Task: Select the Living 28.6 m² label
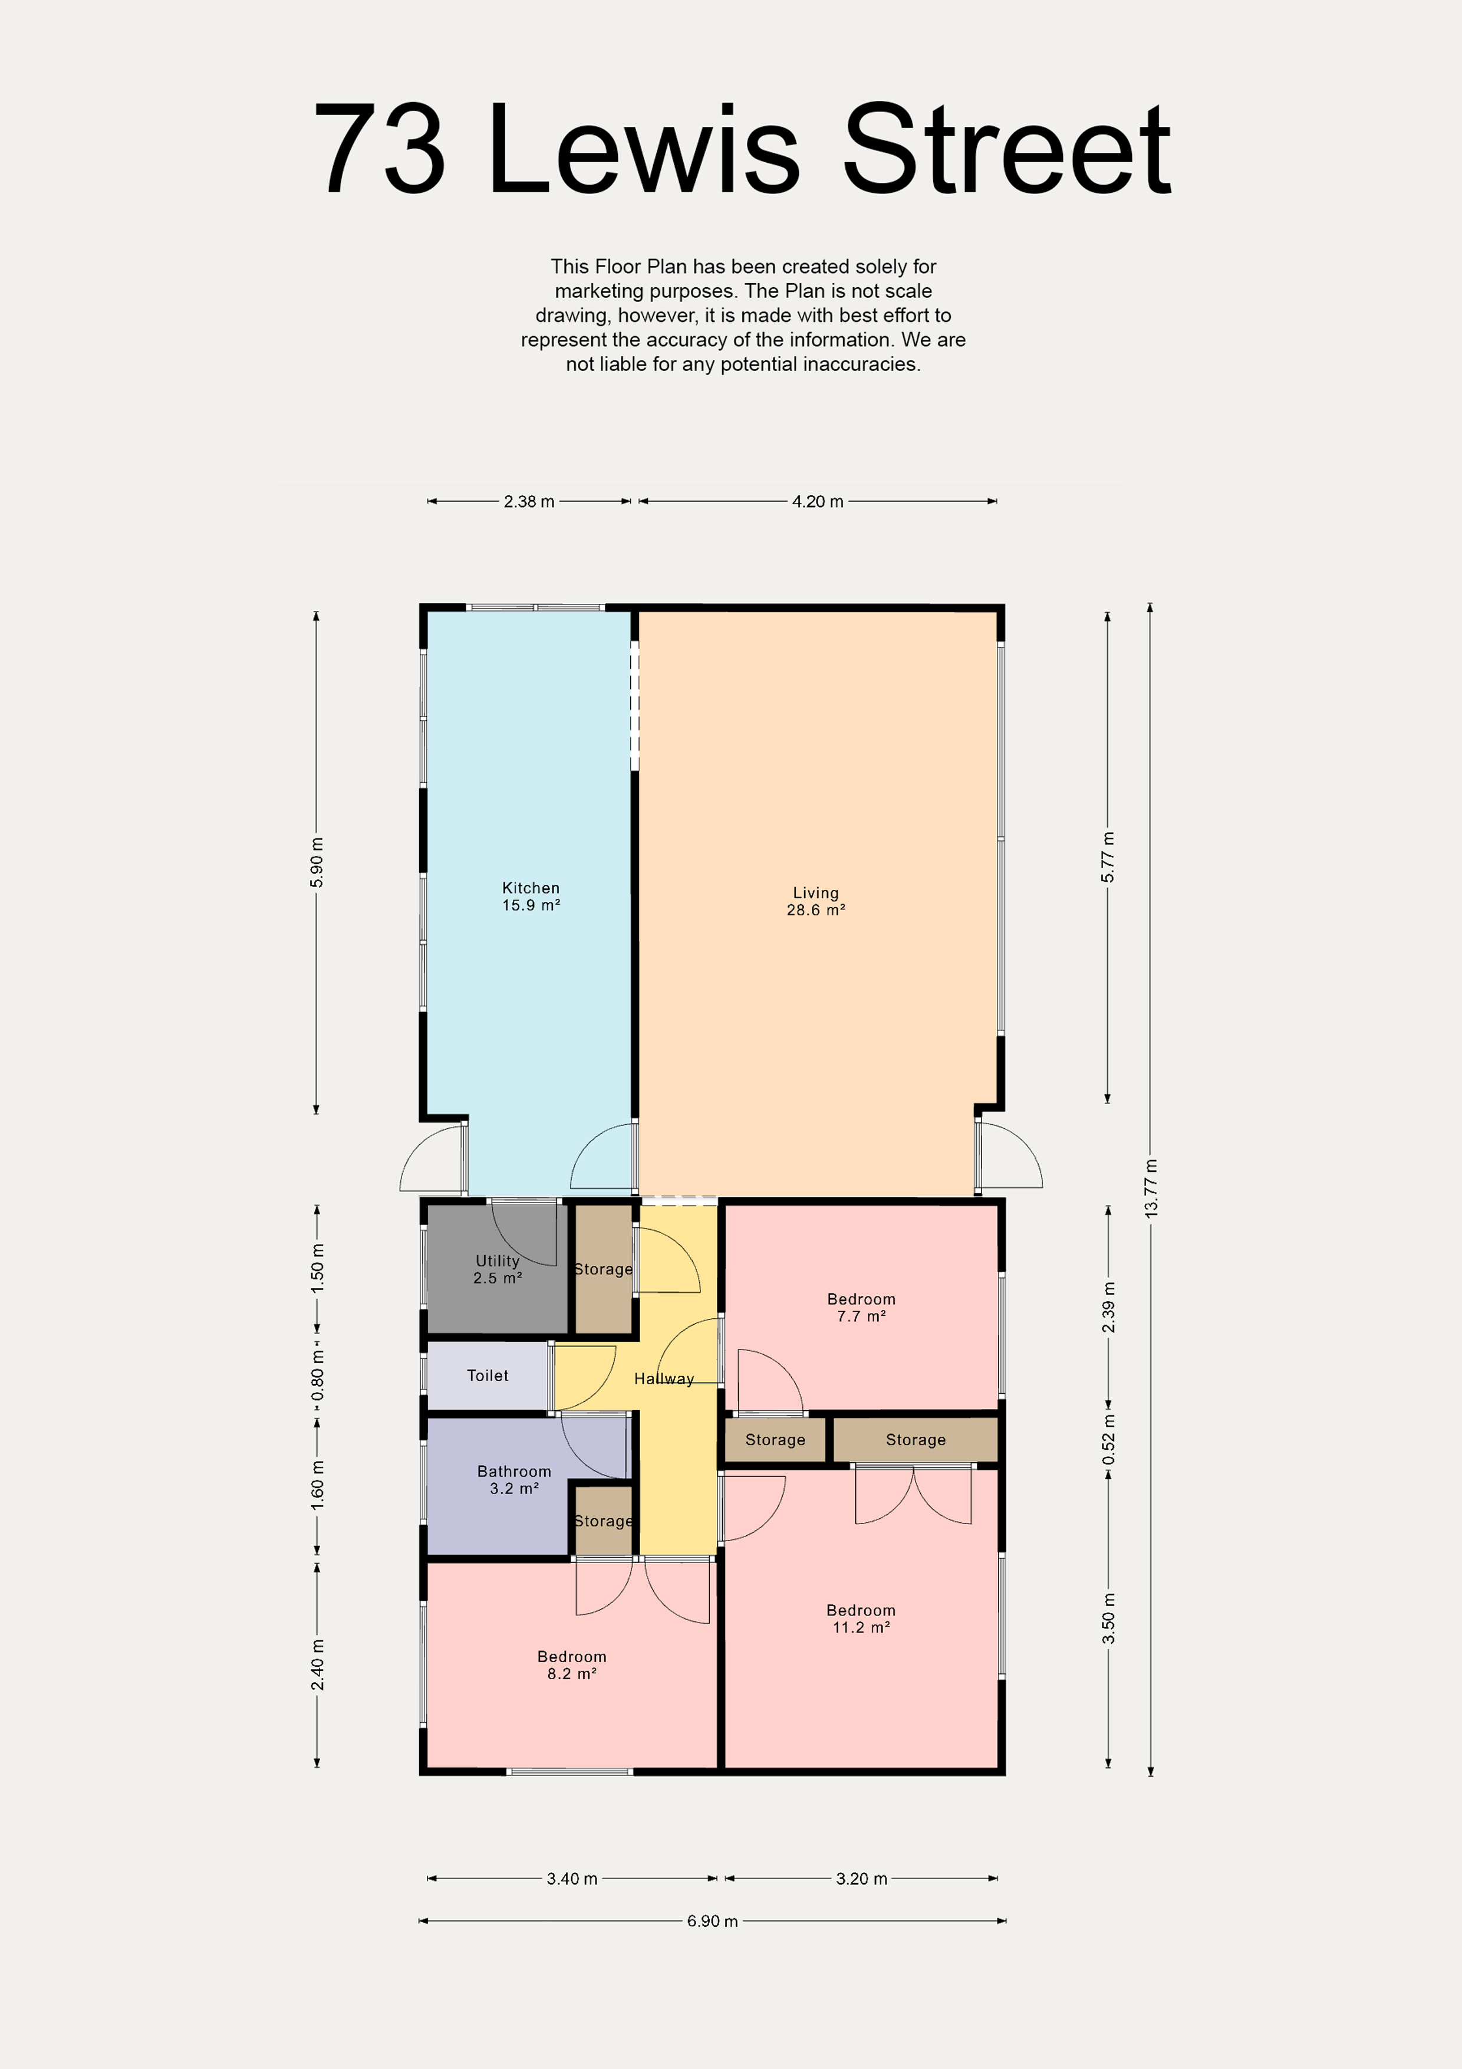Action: click(x=816, y=901)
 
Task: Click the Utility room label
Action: click(x=498, y=1269)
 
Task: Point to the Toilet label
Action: click(x=488, y=1375)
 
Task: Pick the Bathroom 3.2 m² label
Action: click(x=515, y=1480)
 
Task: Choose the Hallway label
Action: click(x=664, y=1379)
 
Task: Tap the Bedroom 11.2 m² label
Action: click(x=861, y=1618)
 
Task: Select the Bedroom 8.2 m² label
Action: click(x=572, y=1664)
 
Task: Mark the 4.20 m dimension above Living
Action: click(x=818, y=501)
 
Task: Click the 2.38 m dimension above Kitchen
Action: click(x=529, y=501)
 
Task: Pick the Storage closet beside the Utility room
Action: click(x=604, y=1268)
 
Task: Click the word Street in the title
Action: click(x=1007, y=149)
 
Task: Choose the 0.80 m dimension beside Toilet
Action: click(x=317, y=1376)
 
